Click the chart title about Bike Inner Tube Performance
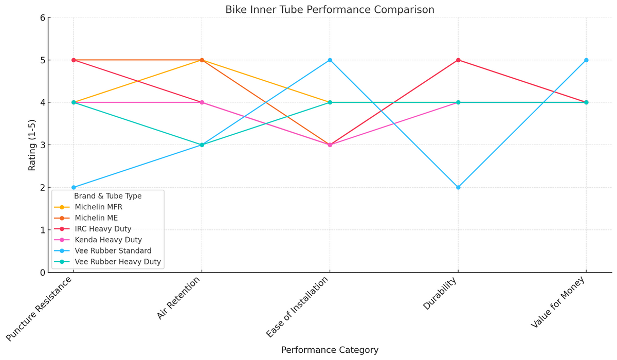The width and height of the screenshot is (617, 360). (330, 10)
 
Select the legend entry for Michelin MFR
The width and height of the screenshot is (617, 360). (98, 207)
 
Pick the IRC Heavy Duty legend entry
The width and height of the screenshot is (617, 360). (103, 229)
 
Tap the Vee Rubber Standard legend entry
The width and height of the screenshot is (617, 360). (113, 251)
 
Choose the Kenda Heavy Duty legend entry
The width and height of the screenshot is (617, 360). (108, 240)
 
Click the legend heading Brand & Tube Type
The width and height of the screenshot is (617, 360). (107, 196)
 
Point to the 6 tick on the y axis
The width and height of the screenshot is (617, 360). (43, 18)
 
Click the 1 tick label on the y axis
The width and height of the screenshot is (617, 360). (43, 230)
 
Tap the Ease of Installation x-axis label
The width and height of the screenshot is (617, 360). (297, 307)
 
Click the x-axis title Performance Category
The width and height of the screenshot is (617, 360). (330, 350)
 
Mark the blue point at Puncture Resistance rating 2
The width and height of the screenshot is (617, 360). (74, 187)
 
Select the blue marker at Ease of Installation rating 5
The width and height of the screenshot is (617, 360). (330, 60)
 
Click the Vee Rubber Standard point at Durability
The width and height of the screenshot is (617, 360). (458, 187)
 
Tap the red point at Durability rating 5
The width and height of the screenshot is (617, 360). (458, 60)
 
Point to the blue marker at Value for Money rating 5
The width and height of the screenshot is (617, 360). (586, 60)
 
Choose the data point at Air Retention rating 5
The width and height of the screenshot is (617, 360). (202, 60)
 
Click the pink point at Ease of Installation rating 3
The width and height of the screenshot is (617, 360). (330, 145)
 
